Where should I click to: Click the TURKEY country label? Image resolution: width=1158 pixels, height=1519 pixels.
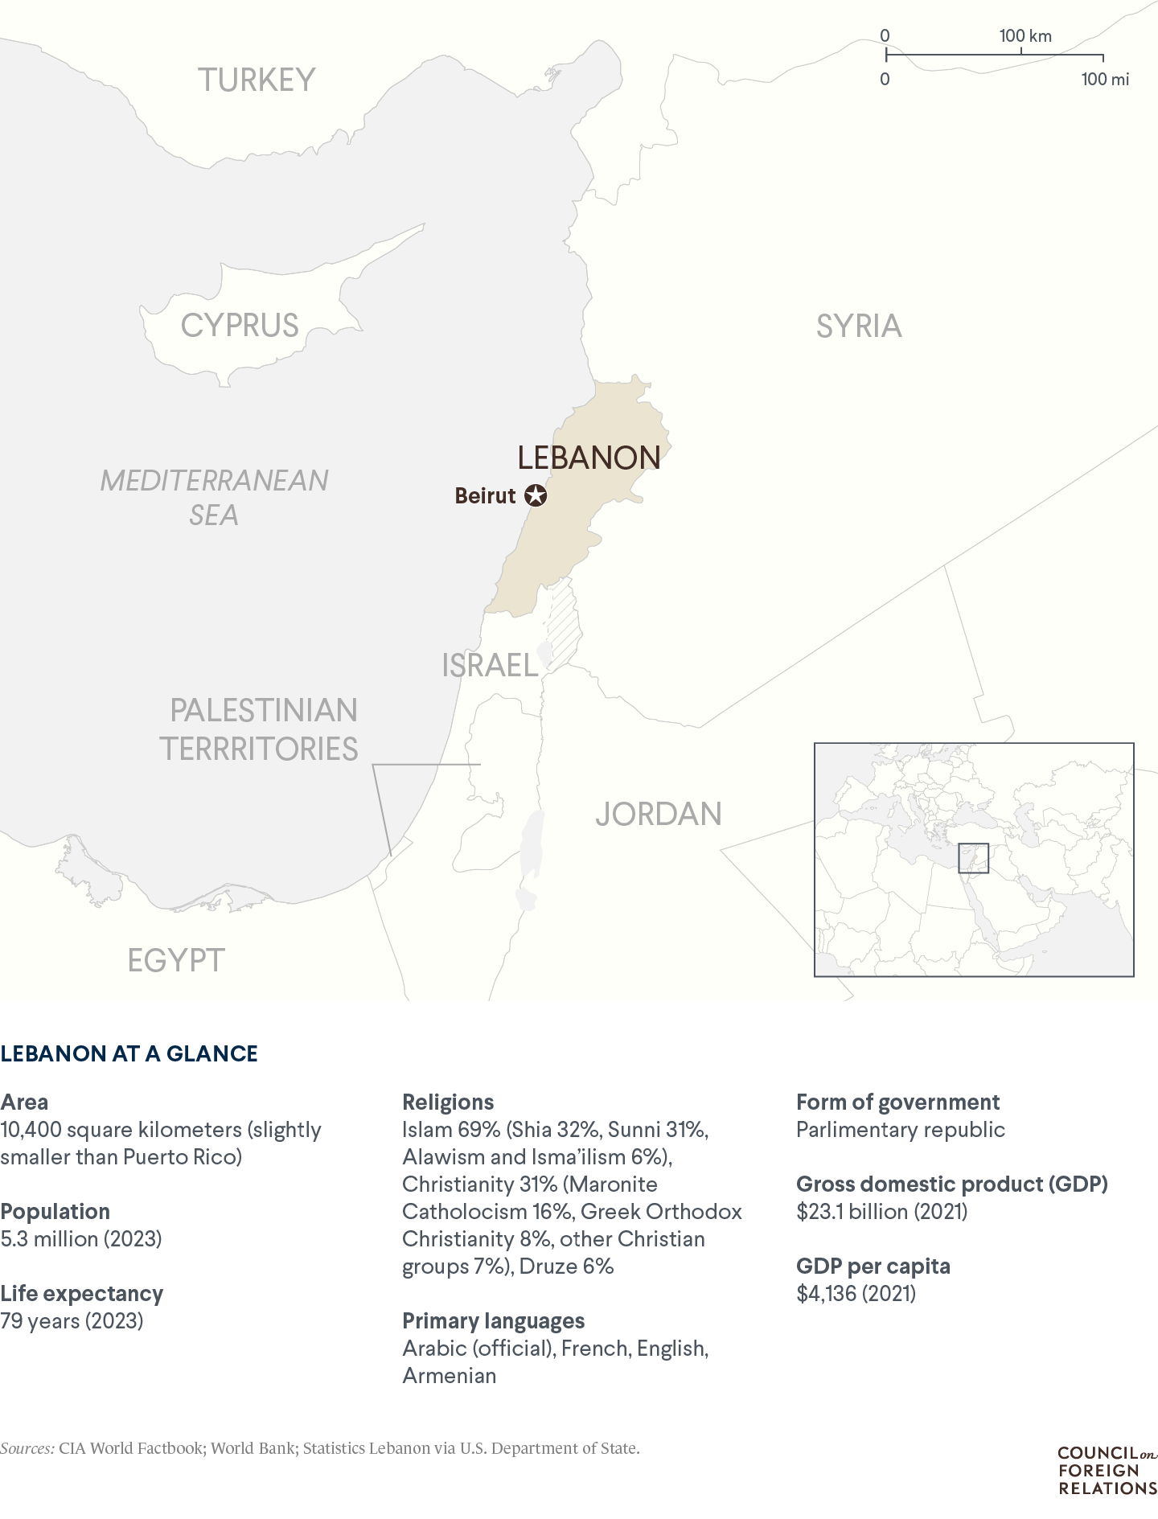pos(257,80)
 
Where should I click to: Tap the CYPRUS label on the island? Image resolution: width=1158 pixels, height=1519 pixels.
pos(240,325)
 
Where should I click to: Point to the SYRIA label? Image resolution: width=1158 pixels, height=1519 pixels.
pos(859,326)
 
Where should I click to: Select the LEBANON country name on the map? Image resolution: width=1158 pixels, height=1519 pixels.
pos(589,457)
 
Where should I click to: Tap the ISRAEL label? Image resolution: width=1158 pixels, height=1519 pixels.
pos(490,665)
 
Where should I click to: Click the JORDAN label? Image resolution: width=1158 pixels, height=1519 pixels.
pos(659,814)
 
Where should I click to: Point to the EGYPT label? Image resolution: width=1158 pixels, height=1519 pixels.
pos(176,960)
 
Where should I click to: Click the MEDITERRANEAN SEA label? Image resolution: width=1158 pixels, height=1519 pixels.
pos(214,497)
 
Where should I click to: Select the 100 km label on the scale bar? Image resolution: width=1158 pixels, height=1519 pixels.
pos(1025,36)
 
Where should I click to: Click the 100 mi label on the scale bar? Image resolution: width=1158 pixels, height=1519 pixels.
pos(1105,79)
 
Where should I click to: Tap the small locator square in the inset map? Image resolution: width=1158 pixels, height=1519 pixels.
pos(973,858)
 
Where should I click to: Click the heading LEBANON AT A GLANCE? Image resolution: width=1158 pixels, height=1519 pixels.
pos(129,1053)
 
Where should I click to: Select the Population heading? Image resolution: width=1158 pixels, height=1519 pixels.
pos(55,1211)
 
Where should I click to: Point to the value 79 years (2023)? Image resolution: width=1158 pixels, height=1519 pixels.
pos(72,1320)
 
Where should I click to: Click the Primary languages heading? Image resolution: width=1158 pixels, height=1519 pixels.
pos(493,1320)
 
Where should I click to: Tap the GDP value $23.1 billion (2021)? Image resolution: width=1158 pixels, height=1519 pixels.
pos(881,1211)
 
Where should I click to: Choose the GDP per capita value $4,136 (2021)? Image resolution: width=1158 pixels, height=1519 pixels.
pos(856,1293)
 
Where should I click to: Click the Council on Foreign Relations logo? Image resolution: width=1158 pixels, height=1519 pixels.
pos(1107,1471)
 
